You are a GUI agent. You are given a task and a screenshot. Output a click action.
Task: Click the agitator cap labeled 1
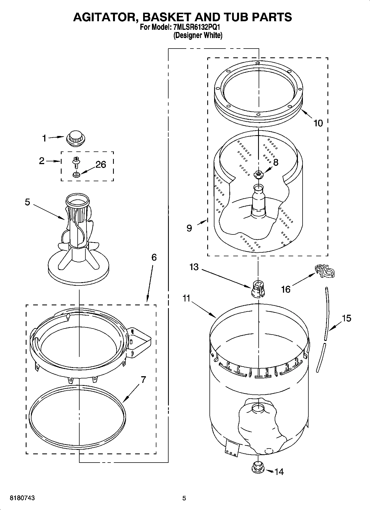[x=76, y=138]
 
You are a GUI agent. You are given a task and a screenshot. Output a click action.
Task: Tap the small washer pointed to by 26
[x=76, y=174]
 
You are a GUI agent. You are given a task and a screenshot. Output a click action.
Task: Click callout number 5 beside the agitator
[x=27, y=202]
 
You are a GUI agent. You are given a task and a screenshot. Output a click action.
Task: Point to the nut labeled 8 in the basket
[x=258, y=174]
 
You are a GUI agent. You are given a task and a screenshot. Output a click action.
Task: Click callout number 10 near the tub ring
[x=318, y=123]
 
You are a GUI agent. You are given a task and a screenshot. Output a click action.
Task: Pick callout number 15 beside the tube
[x=346, y=318]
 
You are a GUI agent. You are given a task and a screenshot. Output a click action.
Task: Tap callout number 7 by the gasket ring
[x=143, y=380]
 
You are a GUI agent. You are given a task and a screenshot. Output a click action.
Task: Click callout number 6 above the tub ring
[x=154, y=257]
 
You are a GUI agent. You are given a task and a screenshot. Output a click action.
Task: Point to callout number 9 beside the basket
[x=189, y=228]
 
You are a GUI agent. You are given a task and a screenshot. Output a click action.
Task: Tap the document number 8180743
[x=22, y=498]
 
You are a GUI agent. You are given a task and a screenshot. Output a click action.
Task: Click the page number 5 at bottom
[x=184, y=498]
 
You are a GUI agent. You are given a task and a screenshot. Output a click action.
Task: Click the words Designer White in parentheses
[x=198, y=35]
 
